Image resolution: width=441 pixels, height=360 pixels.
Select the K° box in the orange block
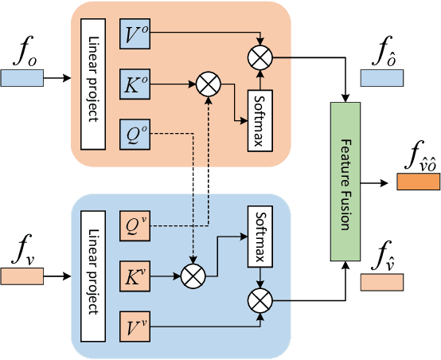tap(135, 82)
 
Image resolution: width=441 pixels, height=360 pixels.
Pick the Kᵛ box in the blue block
tap(135, 276)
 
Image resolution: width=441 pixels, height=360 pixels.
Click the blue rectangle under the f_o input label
tap(22, 78)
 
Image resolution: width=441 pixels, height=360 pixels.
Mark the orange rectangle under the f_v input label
tap(22, 276)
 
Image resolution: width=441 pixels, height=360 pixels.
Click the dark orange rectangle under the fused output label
tap(417, 183)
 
